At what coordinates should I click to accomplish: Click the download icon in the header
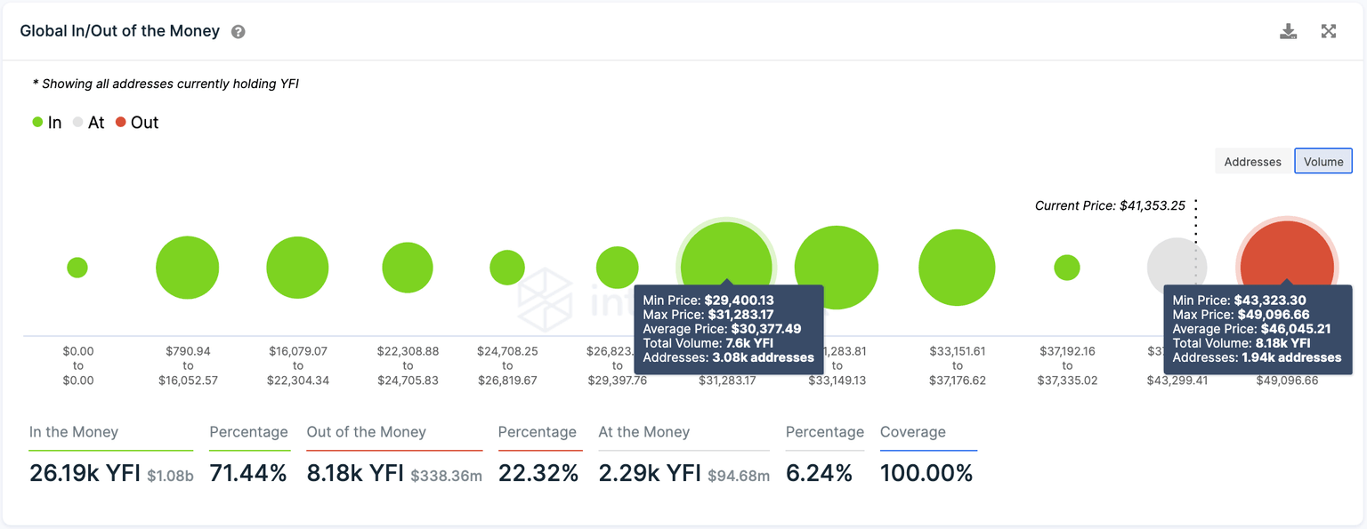coord(1288,32)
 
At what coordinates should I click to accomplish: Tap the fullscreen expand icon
coord(1329,32)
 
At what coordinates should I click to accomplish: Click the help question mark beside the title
coord(238,32)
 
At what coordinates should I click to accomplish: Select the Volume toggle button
coord(1323,161)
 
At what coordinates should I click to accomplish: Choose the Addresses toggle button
coord(1252,161)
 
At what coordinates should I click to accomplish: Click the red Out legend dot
coord(121,123)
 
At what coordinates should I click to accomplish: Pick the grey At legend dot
coord(78,123)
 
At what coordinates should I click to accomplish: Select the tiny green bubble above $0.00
coord(77,267)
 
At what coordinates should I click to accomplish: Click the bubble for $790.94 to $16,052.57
coord(187,268)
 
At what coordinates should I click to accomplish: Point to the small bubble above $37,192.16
coord(1066,267)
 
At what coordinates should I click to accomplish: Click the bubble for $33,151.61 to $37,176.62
coord(957,267)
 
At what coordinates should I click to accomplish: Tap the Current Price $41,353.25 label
coord(1110,205)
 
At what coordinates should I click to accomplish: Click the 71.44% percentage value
coord(248,473)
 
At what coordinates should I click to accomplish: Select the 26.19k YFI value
coord(85,473)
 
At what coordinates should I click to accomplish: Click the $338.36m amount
coord(446,476)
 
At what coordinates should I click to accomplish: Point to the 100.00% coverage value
coord(926,473)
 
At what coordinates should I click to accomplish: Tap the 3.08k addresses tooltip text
coord(763,357)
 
